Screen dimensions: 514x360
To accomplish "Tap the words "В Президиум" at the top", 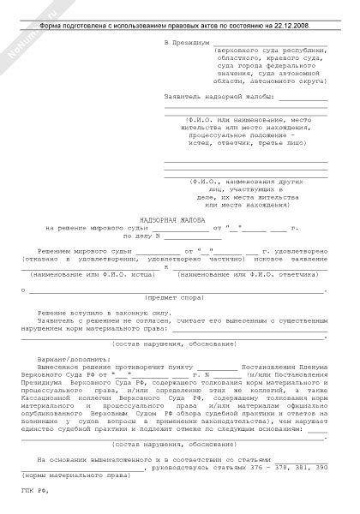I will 186,41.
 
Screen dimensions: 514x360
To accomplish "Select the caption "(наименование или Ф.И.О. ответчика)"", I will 242,274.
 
